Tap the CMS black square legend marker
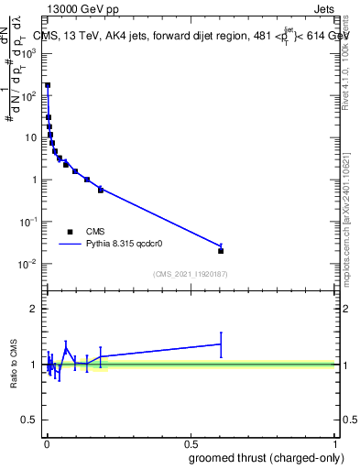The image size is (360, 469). pyautogui.click(x=70, y=232)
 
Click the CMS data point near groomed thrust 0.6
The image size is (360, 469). pyautogui.click(x=221, y=250)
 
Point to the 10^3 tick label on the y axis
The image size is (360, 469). pyautogui.click(x=28, y=53)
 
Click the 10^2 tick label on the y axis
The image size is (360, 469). pyautogui.click(x=28, y=95)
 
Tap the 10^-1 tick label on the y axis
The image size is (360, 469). pyautogui.click(x=28, y=222)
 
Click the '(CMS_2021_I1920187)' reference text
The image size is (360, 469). pyautogui.click(x=190, y=274)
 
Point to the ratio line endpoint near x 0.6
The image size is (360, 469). pyautogui.click(x=221, y=344)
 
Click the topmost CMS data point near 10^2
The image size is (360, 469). pyautogui.click(x=48, y=85)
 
